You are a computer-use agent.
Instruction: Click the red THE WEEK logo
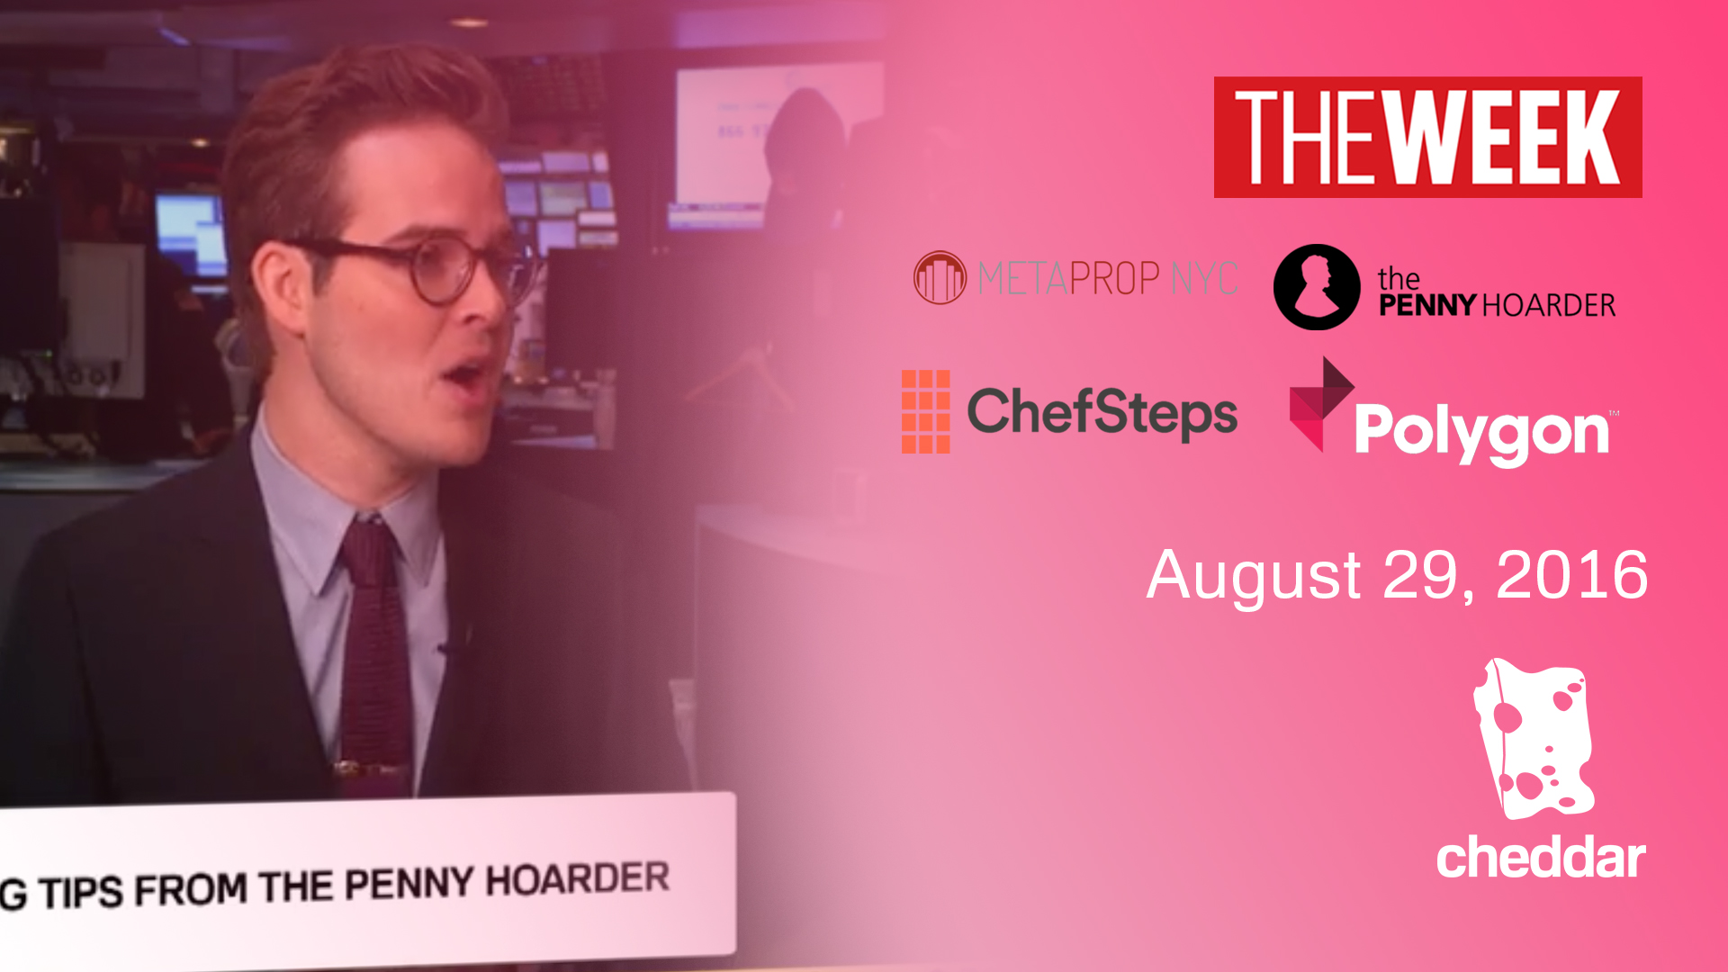click(x=1427, y=137)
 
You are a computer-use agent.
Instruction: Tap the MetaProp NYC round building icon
click(x=940, y=277)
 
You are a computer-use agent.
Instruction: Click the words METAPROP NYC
click(x=1108, y=278)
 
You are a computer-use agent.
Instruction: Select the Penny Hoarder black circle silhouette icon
click(x=1317, y=287)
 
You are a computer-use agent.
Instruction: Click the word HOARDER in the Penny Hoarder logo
click(x=1548, y=306)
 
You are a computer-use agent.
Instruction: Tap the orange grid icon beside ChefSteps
click(x=925, y=411)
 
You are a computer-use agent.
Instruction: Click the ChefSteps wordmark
click(x=1102, y=413)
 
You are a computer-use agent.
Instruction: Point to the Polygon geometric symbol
click(x=1320, y=403)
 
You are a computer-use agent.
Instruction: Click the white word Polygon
click(x=1481, y=434)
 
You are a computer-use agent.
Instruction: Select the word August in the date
click(x=1254, y=577)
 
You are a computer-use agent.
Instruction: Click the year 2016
click(x=1571, y=575)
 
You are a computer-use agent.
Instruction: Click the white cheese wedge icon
click(x=1533, y=738)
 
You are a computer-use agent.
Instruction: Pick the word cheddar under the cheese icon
click(x=1541, y=858)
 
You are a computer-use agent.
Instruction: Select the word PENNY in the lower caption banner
click(x=409, y=885)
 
